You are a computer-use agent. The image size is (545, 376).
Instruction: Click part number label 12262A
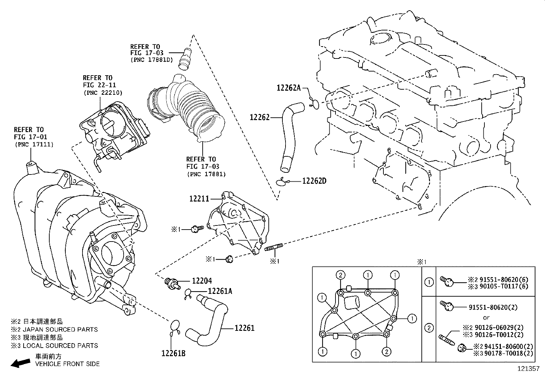coord(288,88)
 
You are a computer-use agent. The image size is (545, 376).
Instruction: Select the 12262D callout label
coord(314,181)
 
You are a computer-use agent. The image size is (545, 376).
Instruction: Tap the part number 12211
coord(199,198)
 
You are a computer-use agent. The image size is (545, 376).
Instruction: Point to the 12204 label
coord(202,281)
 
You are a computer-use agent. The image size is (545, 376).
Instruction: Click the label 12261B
coord(173,353)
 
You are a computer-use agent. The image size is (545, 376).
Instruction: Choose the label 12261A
coord(220,291)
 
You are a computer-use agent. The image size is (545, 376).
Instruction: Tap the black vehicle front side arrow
coord(20,363)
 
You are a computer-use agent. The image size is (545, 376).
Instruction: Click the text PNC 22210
coord(102,93)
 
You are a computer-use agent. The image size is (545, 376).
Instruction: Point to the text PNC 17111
coord(34,145)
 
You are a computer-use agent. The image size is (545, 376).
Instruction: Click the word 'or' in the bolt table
coord(486,317)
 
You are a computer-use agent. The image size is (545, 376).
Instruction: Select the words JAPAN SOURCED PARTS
coord(60,329)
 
